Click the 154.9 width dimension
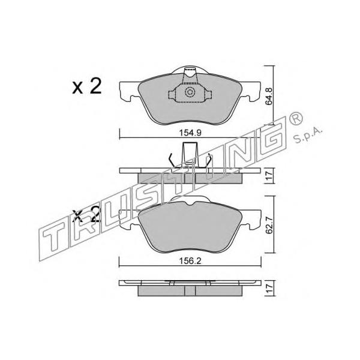pos(190,133)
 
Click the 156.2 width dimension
pos(190,261)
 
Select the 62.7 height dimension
pos(269,225)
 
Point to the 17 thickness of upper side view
pos(269,176)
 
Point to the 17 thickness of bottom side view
pos(269,288)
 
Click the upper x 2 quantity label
pos(87,86)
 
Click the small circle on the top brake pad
pos(190,92)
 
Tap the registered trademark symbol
pos(296,119)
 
